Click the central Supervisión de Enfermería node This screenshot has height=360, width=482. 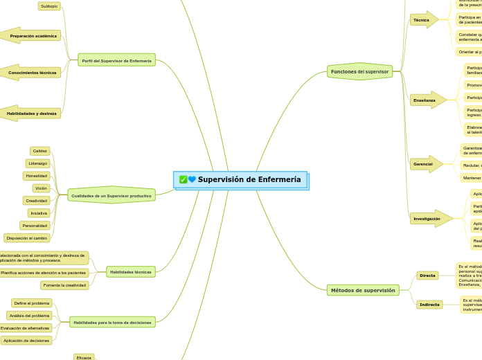click(x=249, y=180)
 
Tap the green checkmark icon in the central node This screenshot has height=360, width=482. click(x=183, y=180)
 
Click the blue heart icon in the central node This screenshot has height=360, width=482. click(x=192, y=180)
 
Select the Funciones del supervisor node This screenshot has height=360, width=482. click(x=359, y=71)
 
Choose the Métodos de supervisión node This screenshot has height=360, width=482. click(x=362, y=290)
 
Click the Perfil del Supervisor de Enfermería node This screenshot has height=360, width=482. click(x=116, y=61)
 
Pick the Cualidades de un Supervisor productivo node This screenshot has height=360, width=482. click(x=111, y=196)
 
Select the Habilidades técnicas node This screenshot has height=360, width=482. click(x=130, y=272)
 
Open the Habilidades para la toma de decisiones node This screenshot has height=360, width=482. click(x=112, y=323)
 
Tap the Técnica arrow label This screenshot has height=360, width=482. click(x=422, y=20)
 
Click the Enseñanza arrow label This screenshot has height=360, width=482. click(x=425, y=100)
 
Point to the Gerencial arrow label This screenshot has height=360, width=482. click(x=424, y=164)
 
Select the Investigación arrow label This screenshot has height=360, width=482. click(x=428, y=219)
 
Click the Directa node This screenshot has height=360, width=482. click(x=427, y=276)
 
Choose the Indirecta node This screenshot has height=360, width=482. click(x=429, y=305)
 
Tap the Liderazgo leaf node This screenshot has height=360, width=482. click(x=38, y=163)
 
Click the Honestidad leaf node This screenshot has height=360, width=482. click(x=37, y=176)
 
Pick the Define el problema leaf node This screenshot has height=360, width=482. click(x=32, y=303)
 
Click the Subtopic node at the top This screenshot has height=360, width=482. click(x=49, y=6)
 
